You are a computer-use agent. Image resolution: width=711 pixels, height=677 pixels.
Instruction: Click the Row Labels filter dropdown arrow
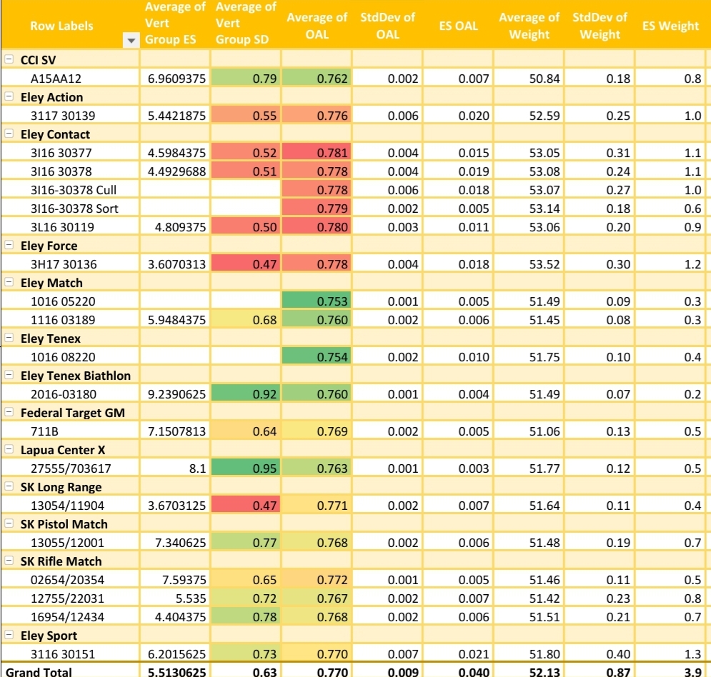point(130,41)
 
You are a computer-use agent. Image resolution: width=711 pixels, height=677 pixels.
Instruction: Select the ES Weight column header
point(670,26)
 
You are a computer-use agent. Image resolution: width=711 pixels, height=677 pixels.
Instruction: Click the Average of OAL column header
point(317,26)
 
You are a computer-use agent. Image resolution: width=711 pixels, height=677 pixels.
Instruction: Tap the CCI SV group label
point(38,60)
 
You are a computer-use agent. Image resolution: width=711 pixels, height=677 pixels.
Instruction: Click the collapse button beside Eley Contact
point(9,134)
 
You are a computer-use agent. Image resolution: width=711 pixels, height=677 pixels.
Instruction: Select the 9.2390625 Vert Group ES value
point(177,394)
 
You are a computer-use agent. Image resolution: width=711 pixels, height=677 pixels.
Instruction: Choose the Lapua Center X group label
point(63,450)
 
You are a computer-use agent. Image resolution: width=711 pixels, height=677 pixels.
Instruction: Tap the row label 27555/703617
point(71,468)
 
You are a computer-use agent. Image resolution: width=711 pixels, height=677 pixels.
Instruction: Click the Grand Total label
point(39,672)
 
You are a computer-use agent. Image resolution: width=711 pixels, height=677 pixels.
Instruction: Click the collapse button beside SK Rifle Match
point(9,561)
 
